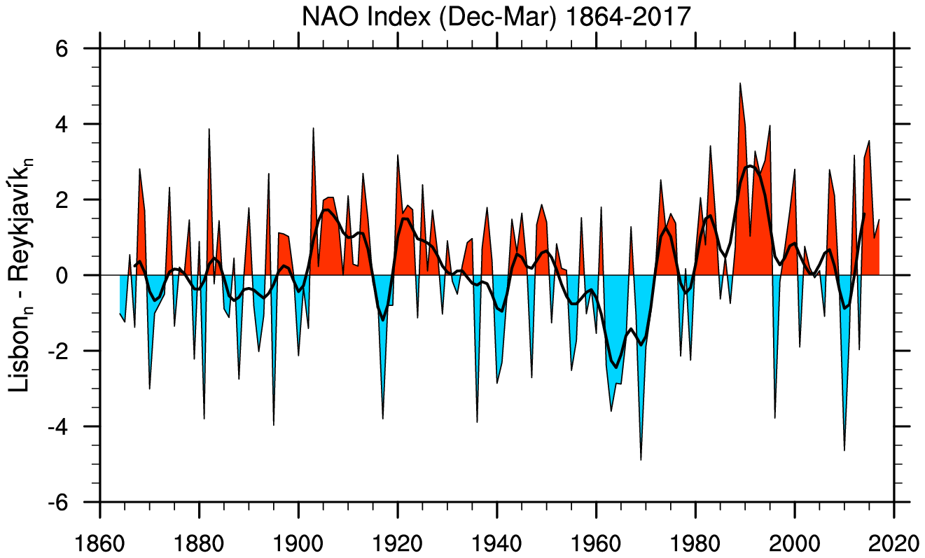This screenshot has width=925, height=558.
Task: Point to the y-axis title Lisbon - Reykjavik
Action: pos(25,275)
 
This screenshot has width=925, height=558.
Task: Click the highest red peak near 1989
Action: pos(740,84)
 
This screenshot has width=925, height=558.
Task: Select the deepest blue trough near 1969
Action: pos(641,459)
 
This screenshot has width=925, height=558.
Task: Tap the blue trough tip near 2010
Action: pos(844,449)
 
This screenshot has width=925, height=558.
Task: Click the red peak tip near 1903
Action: pos(313,129)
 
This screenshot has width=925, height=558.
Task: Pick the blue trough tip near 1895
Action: pos(273,424)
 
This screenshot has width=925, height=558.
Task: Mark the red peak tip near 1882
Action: pos(209,130)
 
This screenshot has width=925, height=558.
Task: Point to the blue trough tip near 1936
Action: pos(477,421)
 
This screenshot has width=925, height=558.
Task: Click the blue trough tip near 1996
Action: pos(774,418)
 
